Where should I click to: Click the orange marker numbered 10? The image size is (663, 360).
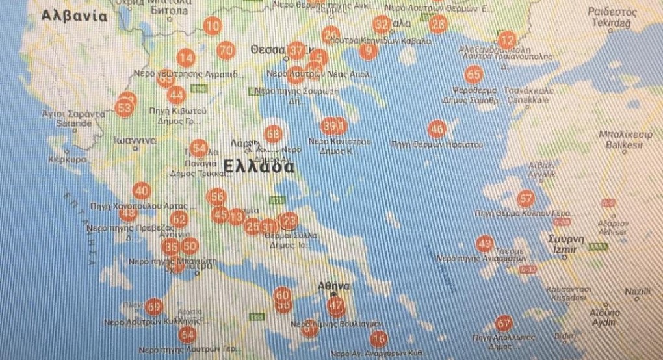pos(212,27)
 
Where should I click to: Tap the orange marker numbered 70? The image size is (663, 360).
pos(226,50)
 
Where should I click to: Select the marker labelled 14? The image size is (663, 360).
pos(187,58)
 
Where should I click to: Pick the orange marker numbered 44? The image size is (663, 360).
pos(176,95)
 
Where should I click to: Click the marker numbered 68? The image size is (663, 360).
pos(274,134)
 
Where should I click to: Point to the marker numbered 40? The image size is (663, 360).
pos(142,191)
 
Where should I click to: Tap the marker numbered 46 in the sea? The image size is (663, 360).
pos(437,128)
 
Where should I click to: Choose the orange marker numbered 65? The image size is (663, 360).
pos(474,74)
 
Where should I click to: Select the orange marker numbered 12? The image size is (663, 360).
pos(506,39)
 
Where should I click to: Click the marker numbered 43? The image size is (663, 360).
pos(484,244)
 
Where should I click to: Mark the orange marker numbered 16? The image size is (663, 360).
pos(378,339)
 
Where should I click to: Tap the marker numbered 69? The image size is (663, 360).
pos(154,306)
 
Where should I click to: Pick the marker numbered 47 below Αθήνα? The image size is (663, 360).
pos(336,305)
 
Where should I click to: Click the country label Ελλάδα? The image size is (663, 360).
pos(258,166)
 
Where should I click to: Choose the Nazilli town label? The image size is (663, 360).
pos(637,291)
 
